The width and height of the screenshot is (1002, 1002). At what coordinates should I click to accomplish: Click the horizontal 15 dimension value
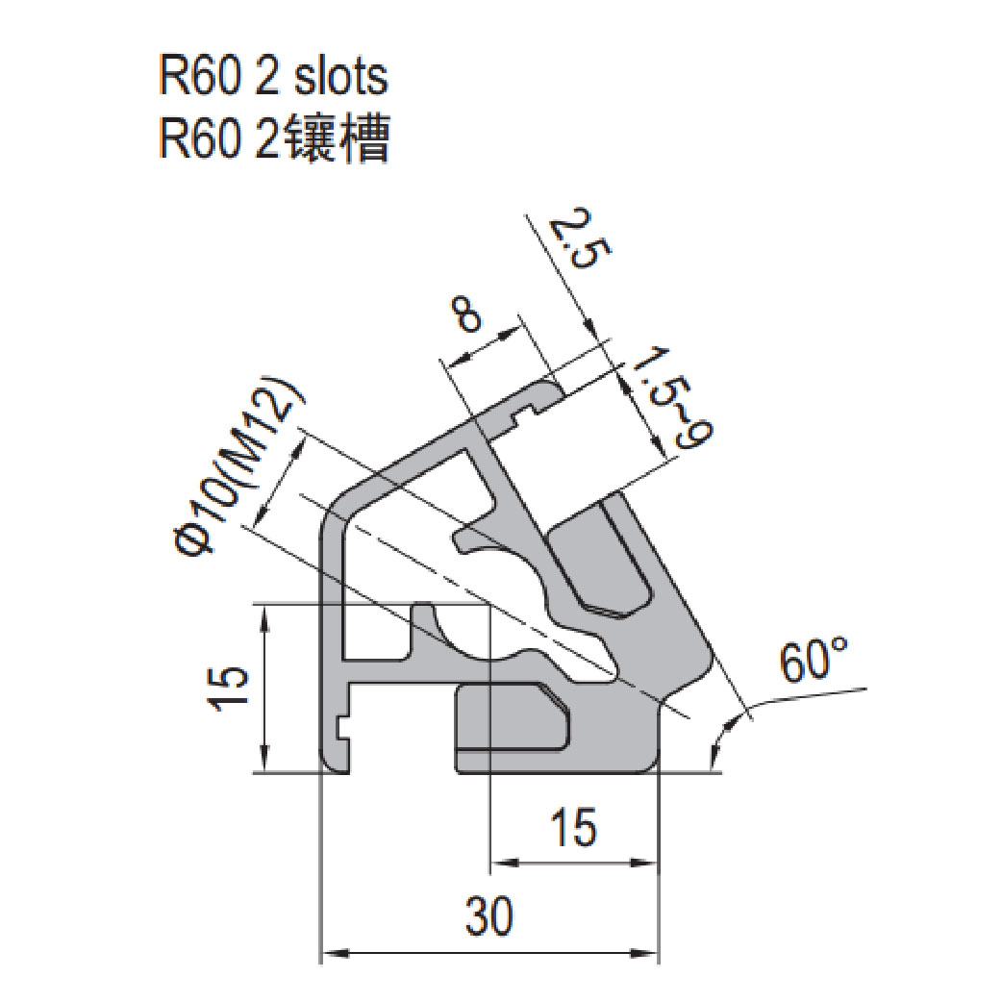(574, 829)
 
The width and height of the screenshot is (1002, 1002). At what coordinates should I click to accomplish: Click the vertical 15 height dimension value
(228, 689)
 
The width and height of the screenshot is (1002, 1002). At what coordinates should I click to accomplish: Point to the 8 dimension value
(468, 315)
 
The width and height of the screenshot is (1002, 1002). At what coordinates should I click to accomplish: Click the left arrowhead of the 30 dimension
(329, 954)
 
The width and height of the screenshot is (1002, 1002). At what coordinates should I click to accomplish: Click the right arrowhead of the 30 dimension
(652, 954)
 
